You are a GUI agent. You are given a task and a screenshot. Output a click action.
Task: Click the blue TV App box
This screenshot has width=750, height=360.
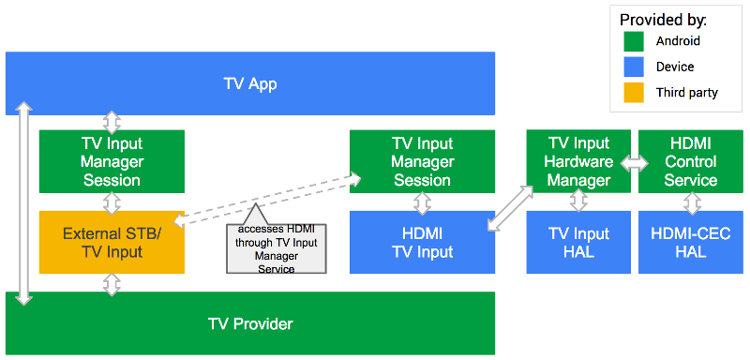tap(249, 83)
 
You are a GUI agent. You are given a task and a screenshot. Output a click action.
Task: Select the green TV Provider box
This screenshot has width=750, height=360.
tap(249, 323)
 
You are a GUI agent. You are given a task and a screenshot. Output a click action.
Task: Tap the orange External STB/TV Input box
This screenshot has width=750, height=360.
tap(112, 242)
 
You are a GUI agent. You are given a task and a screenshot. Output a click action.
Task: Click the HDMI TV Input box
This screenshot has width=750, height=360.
tap(422, 242)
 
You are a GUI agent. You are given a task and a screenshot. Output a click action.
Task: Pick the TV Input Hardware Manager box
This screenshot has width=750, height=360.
tap(577, 161)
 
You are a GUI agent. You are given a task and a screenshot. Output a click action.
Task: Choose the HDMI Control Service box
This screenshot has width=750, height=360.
tap(690, 161)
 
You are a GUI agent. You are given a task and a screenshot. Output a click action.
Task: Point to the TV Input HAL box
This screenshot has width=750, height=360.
tap(577, 242)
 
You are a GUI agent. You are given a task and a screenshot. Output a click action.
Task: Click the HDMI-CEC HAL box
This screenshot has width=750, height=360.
tap(690, 242)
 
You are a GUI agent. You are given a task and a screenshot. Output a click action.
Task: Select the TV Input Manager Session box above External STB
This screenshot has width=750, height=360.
tap(112, 161)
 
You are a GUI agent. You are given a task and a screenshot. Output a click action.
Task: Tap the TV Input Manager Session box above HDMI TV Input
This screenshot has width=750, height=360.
tap(422, 161)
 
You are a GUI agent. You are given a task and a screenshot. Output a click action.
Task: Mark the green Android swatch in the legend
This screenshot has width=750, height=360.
tap(634, 41)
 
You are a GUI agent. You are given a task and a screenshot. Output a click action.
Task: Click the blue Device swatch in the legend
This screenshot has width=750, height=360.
tap(634, 67)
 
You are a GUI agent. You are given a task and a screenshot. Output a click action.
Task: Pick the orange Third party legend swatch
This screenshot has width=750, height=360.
tap(634, 92)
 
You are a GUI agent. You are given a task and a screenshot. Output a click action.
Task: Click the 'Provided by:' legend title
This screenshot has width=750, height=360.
tap(664, 19)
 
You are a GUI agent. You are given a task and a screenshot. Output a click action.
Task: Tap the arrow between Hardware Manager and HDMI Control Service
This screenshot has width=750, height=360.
tap(635, 162)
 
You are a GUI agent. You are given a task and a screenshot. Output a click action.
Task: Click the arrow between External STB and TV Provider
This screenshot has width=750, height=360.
tap(112, 282)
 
